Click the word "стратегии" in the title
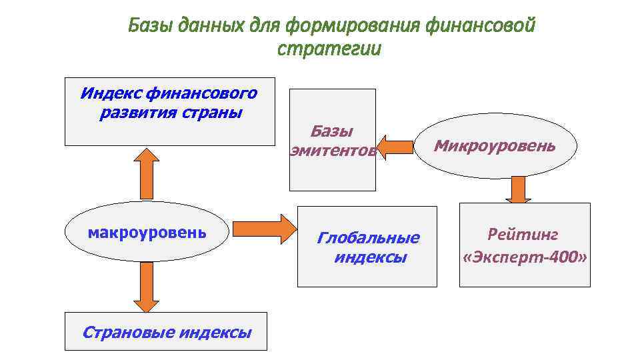[329, 49]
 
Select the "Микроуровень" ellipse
[494, 145]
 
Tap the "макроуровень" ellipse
[147, 232]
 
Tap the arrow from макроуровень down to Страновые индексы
[146, 287]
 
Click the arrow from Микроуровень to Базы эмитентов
[394, 145]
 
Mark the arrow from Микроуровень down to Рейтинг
[517, 190]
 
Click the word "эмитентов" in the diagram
[333, 151]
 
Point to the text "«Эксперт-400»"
[525, 257]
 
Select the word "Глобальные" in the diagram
[368, 238]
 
